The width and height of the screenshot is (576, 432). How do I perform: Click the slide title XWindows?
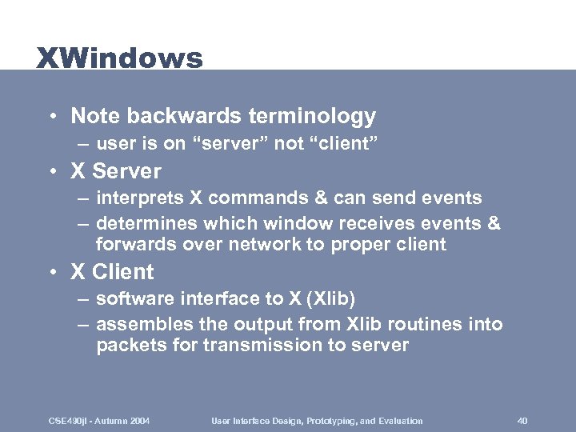coord(119,58)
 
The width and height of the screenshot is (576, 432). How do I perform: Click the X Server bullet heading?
coord(115,171)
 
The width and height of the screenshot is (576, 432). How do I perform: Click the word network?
coord(262,245)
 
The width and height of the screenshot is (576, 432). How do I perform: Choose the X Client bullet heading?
coord(112,272)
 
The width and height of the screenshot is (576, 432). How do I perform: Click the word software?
coord(130,299)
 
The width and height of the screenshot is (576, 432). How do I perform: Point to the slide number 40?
coord(522,421)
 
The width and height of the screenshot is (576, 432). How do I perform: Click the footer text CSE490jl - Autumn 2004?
coord(99,421)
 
